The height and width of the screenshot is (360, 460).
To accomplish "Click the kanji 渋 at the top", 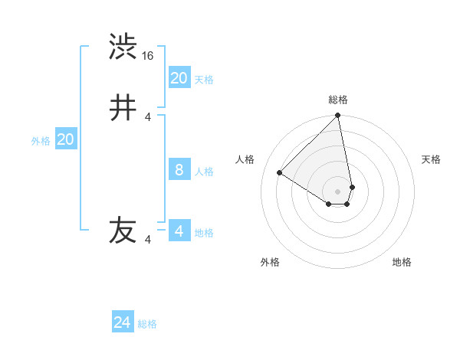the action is pyautogui.click(x=123, y=47).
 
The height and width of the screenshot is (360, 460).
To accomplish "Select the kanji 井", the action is pyautogui.click(x=123, y=108).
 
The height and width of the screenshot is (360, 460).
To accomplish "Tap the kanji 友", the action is pyautogui.click(x=123, y=231).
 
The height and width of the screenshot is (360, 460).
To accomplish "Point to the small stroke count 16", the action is pyautogui.click(x=149, y=56).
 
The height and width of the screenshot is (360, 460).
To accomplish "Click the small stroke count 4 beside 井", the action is pyautogui.click(x=148, y=117).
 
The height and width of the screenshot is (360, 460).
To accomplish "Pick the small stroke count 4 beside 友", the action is pyautogui.click(x=148, y=240).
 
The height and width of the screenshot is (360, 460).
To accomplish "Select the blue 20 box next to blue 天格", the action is pyautogui.click(x=179, y=77).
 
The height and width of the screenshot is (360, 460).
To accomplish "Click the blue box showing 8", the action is pyautogui.click(x=179, y=169).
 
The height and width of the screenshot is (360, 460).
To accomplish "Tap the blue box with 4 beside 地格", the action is pyautogui.click(x=179, y=231).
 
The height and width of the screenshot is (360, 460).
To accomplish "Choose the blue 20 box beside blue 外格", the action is pyautogui.click(x=65, y=139).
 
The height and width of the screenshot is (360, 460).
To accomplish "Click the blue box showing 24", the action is pyautogui.click(x=123, y=322).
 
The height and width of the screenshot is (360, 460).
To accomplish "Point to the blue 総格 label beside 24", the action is pyautogui.click(x=147, y=324).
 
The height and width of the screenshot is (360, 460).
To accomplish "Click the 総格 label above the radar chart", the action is pyautogui.click(x=338, y=100).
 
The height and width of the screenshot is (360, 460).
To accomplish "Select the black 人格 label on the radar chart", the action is pyautogui.click(x=245, y=159).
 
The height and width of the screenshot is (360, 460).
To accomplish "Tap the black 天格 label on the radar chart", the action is pyautogui.click(x=431, y=159).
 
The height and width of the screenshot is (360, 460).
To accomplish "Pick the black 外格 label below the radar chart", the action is pyautogui.click(x=270, y=262).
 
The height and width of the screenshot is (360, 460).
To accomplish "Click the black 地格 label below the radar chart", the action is pyautogui.click(x=402, y=262).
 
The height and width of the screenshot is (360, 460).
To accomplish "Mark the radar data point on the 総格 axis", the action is pyautogui.click(x=337, y=116).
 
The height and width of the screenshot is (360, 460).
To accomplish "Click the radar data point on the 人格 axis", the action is pyautogui.click(x=280, y=172).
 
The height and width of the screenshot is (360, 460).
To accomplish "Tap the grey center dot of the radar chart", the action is pyautogui.click(x=337, y=191).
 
